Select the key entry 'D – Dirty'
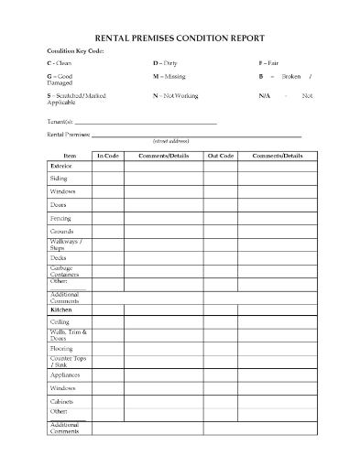[x=165, y=62]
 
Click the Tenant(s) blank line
[x=146, y=122]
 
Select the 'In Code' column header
[x=108, y=156]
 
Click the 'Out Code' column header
[x=221, y=156]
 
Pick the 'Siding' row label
[x=59, y=179]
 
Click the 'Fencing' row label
[x=60, y=219]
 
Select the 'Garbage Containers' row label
[x=64, y=272]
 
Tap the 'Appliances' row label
[x=64, y=375]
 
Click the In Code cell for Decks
[x=108, y=258]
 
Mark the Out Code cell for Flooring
[x=221, y=348]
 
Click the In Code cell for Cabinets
[x=108, y=400]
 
